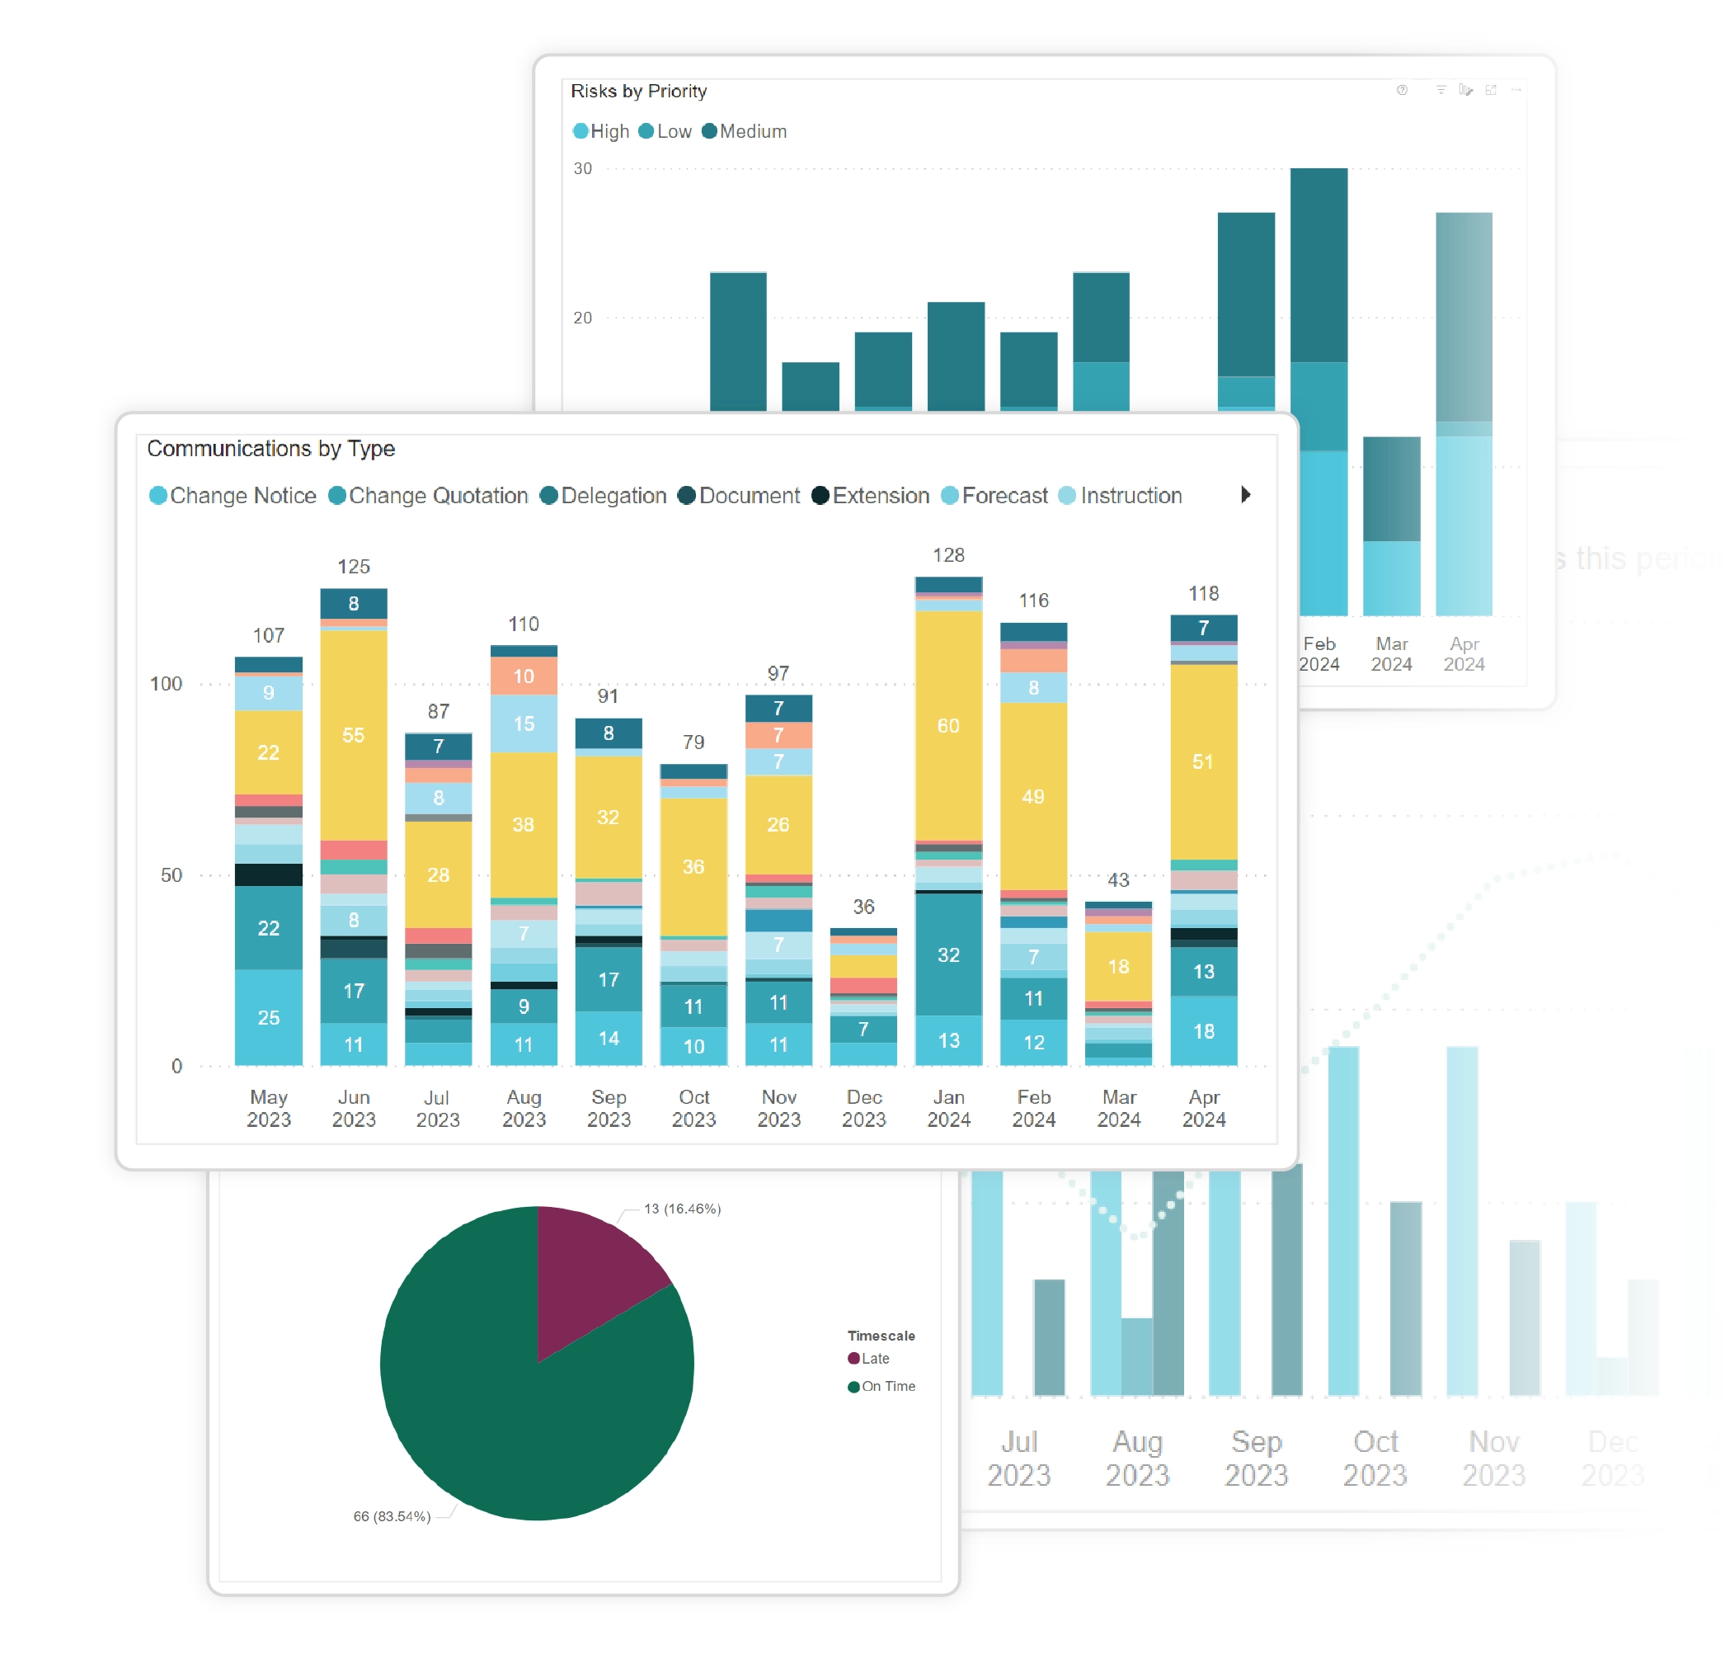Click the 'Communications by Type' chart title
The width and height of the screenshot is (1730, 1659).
pos(270,449)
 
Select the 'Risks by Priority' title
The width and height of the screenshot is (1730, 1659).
pos(638,91)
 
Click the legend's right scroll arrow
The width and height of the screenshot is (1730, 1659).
pos(1244,494)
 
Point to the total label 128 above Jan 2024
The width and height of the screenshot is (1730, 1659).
pos(948,554)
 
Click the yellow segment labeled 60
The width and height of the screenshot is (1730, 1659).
pos(948,725)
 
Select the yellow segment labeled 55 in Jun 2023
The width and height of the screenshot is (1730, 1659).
pos(353,734)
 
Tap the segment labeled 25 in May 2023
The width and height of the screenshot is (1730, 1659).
pos(268,1017)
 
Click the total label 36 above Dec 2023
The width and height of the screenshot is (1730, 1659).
pos(863,906)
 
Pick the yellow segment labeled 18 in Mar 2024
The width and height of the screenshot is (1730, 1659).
pos(1118,966)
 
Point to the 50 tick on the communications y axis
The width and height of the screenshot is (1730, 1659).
pos(172,875)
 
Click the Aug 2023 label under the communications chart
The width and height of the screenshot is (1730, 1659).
pos(524,1107)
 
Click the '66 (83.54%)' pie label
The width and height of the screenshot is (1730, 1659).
pos(392,1516)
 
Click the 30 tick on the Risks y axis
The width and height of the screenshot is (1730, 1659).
pos(582,168)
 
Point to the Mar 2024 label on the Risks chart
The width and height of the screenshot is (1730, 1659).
pos(1391,653)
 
